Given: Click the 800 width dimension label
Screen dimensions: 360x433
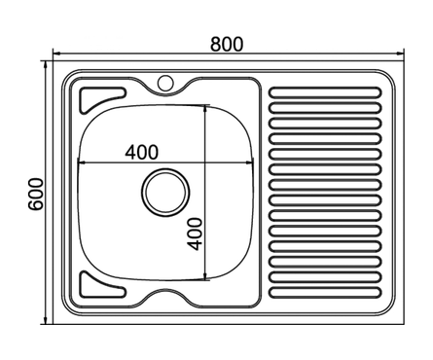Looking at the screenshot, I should (x=226, y=43).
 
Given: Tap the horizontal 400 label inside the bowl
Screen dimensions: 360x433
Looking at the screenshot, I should (x=142, y=153).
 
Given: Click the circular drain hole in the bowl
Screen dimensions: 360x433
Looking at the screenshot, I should (x=163, y=191).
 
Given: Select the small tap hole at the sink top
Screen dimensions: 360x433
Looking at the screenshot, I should (x=164, y=83).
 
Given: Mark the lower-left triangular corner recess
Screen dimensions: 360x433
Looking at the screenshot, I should (x=97, y=285).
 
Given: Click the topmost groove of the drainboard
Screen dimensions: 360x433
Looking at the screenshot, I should (x=324, y=93).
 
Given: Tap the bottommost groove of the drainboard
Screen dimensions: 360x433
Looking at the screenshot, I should (x=324, y=291).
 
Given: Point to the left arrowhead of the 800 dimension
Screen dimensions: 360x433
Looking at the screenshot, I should (x=56, y=54).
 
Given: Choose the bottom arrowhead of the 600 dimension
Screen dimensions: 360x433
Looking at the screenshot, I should (x=48, y=319).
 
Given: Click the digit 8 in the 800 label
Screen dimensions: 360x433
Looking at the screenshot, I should (x=213, y=43).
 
